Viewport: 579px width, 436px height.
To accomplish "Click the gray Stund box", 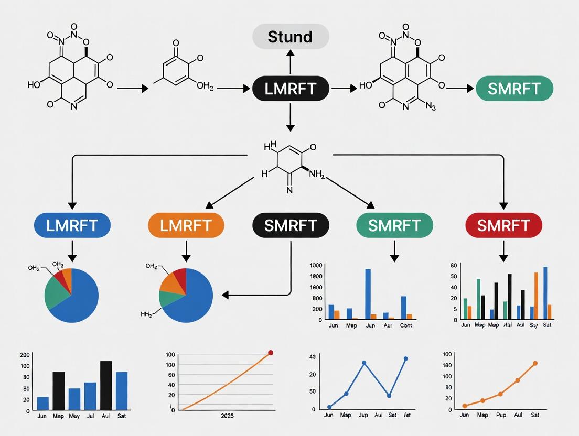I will [291, 37].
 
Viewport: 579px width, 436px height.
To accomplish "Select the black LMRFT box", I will [291, 89].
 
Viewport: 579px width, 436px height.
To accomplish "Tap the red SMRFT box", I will [503, 226].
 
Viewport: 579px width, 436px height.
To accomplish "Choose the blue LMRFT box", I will [72, 226].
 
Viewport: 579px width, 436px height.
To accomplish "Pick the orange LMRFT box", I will [186, 226].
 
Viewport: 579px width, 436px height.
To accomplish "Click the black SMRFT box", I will [291, 226].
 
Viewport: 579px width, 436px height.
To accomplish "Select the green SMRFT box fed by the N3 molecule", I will [514, 89].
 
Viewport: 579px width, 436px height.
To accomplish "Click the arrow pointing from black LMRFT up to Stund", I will [291, 62].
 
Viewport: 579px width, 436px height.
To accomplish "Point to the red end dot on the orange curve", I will [271, 353].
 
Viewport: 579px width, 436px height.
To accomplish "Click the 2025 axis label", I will [227, 416].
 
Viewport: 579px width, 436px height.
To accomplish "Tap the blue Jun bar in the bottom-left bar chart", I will [43, 403].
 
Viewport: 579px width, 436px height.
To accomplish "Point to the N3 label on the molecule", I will [431, 107].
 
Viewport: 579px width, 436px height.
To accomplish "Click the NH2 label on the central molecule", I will [317, 175].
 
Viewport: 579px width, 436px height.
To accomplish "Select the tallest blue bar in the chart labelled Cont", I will [368, 293].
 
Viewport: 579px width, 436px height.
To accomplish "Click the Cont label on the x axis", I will [406, 325].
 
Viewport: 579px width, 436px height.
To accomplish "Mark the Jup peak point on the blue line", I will [363, 363].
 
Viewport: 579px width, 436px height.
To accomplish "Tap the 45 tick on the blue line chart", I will [312, 357].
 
